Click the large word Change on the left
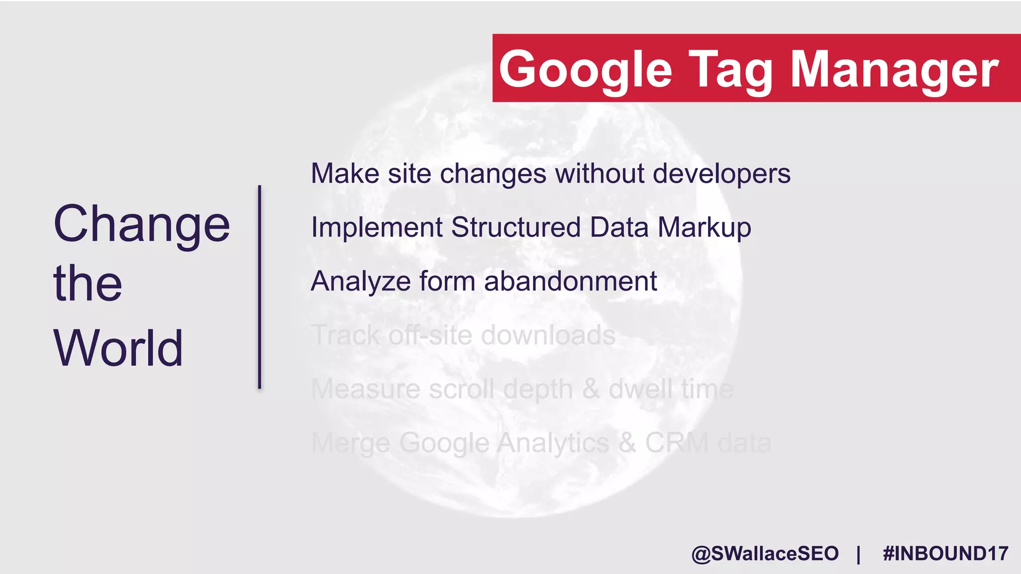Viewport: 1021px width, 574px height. (142, 224)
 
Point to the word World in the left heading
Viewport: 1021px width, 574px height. (118, 348)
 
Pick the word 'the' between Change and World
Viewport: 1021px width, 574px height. (88, 284)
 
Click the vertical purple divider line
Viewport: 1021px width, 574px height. (259, 287)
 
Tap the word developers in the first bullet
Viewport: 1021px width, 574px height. (721, 173)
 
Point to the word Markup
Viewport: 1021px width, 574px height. (704, 227)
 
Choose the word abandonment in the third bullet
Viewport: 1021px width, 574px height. (570, 281)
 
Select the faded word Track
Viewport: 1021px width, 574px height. (345, 335)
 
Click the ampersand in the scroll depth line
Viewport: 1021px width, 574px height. (591, 389)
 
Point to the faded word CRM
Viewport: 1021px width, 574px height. (677, 442)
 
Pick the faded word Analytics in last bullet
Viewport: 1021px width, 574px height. (553, 442)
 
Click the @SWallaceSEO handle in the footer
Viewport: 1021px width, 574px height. (765, 554)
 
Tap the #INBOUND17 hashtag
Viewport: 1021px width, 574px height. (945, 554)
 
